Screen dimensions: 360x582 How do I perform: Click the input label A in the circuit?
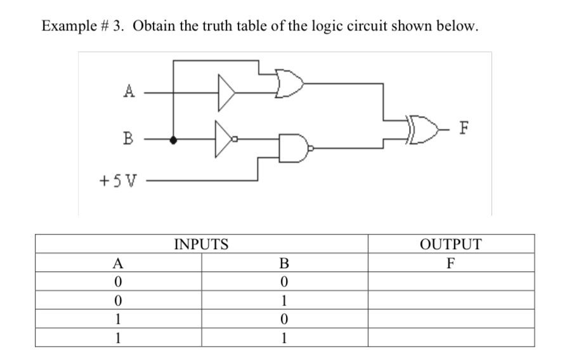click(x=129, y=91)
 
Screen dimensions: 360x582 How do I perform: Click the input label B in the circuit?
click(x=129, y=138)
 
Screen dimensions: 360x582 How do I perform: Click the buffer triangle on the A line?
click(x=227, y=92)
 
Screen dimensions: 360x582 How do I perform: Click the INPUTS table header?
click(x=201, y=244)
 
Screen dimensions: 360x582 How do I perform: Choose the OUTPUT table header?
click(x=451, y=244)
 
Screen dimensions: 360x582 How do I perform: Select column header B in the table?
click(x=284, y=263)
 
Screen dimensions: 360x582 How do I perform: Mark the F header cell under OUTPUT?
click(x=451, y=263)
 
